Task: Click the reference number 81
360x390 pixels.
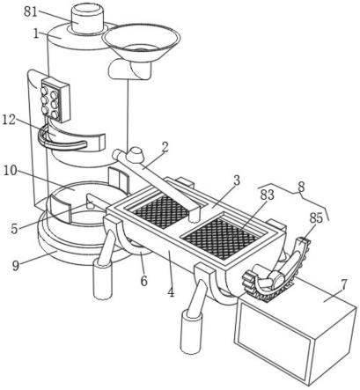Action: tap(31, 12)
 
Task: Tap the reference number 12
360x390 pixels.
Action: tap(9, 120)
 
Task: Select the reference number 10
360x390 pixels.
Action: tap(10, 171)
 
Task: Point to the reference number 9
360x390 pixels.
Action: tap(16, 265)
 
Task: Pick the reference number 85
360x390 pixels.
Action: tap(315, 217)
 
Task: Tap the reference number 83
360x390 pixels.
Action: tap(267, 195)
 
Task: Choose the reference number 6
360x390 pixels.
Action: tap(143, 281)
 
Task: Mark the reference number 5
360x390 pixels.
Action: tap(15, 229)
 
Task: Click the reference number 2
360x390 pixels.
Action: tap(165, 148)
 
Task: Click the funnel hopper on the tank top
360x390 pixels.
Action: tap(142, 44)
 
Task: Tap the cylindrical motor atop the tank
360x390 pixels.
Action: tap(88, 19)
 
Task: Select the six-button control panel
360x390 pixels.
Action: tap(55, 99)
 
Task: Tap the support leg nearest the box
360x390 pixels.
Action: tap(193, 317)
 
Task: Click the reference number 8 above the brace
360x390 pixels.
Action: tap(301, 187)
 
